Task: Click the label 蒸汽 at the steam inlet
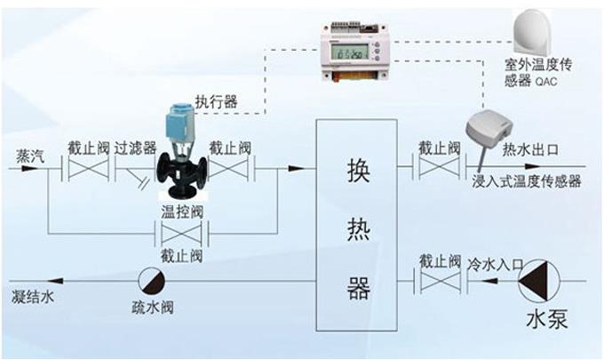pos(28,153)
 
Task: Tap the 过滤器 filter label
pos(135,148)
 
